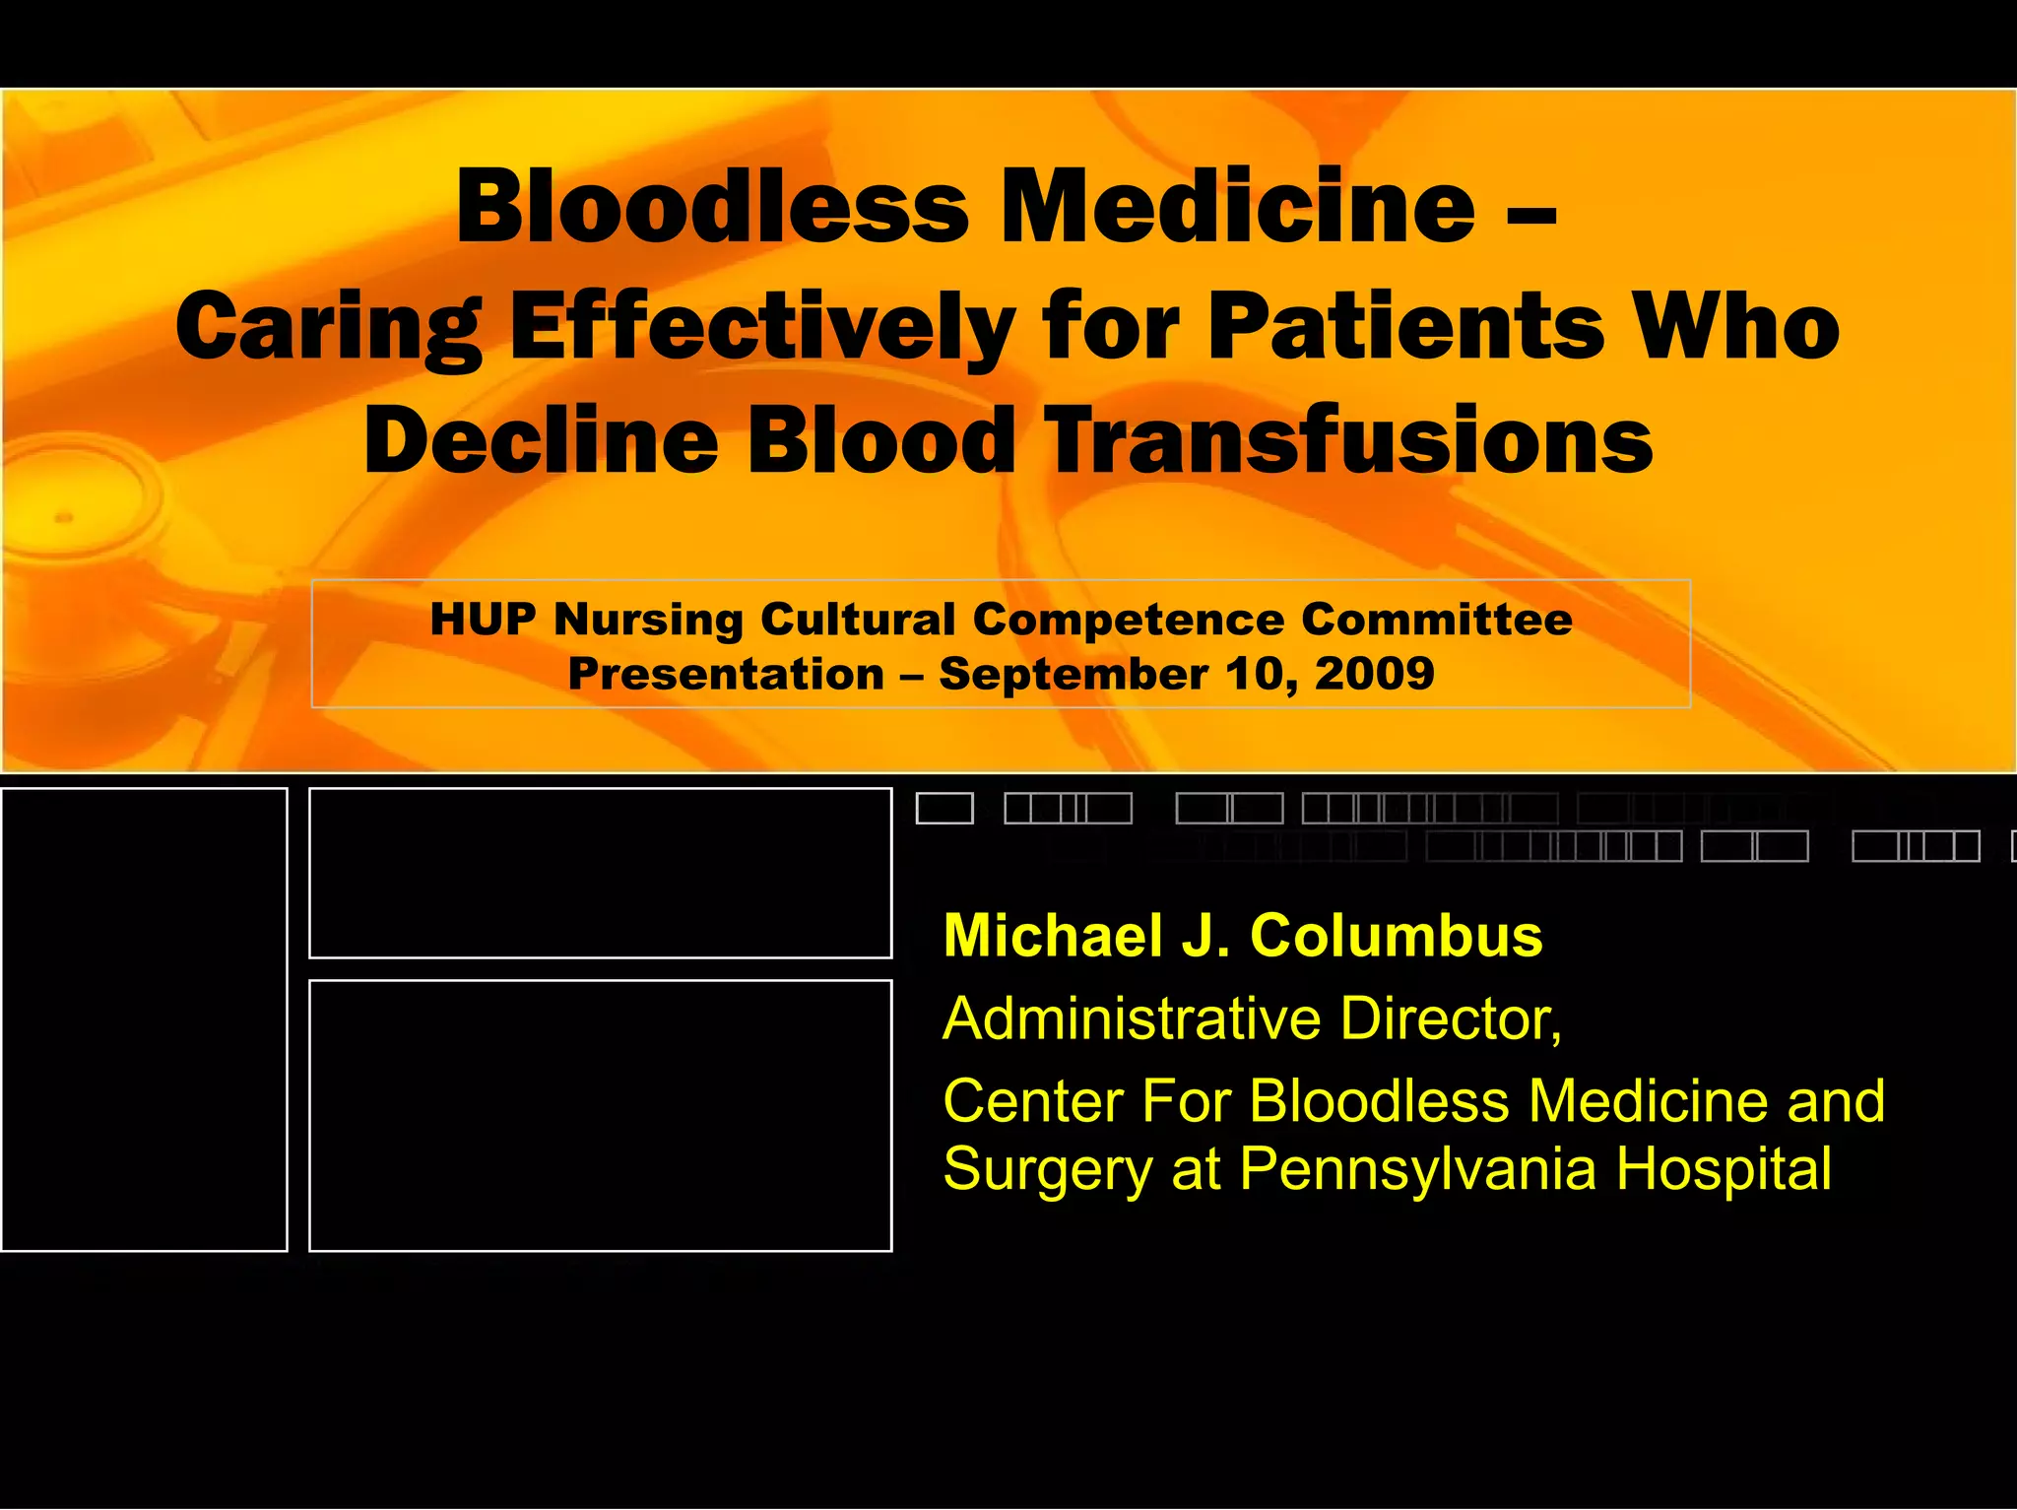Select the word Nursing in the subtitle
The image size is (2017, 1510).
tap(648, 620)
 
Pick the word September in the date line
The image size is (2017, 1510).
tap(1073, 674)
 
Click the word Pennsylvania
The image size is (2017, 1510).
tap(1416, 1169)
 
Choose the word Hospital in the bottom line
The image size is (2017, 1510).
tap(1724, 1169)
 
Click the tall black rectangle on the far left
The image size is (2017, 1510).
tap(144, 1019)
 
